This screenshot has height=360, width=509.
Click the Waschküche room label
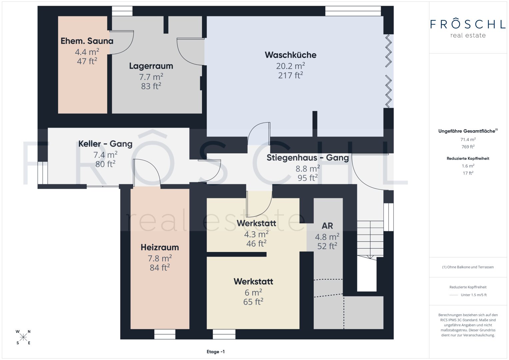point(290,55)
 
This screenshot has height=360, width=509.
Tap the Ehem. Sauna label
point(87,41)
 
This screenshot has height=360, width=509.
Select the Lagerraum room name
point(151,66)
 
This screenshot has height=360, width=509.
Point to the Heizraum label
point(160,247)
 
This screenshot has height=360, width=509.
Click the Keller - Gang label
point(105,144)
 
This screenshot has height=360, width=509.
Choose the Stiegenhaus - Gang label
point(308,158)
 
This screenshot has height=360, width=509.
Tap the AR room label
point(327,226)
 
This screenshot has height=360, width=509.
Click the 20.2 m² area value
point(290,66)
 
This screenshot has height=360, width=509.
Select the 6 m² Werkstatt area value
point(253,293)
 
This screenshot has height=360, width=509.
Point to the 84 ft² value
point(160,268)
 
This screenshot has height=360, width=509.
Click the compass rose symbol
point(23,337)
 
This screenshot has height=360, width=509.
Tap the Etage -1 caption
point(216,352)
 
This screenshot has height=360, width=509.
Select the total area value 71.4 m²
point(468,140)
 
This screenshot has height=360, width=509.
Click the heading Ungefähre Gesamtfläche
point(468,131)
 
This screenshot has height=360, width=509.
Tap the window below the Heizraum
point(165,334)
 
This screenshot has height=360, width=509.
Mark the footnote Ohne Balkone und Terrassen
point(468,267)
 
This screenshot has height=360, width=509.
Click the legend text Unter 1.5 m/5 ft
point(474,295)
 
